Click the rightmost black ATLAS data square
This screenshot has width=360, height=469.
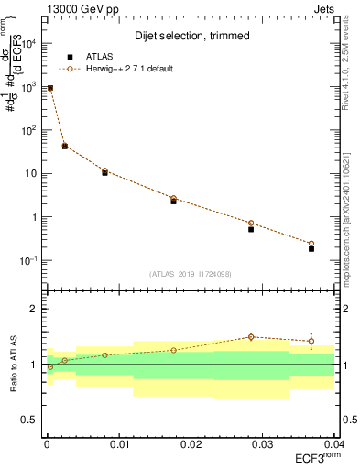click(x=311, y=248)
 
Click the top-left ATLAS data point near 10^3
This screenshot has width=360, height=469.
click(x=50, y=88)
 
